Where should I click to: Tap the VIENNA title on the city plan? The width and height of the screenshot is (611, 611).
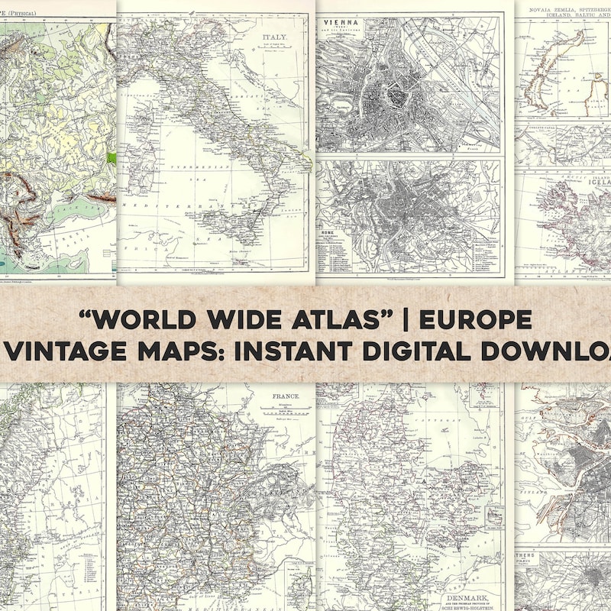click(339, 24)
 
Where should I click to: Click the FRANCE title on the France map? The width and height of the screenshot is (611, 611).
click(286, 397)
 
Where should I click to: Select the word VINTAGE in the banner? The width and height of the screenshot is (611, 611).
click(66, 351)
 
